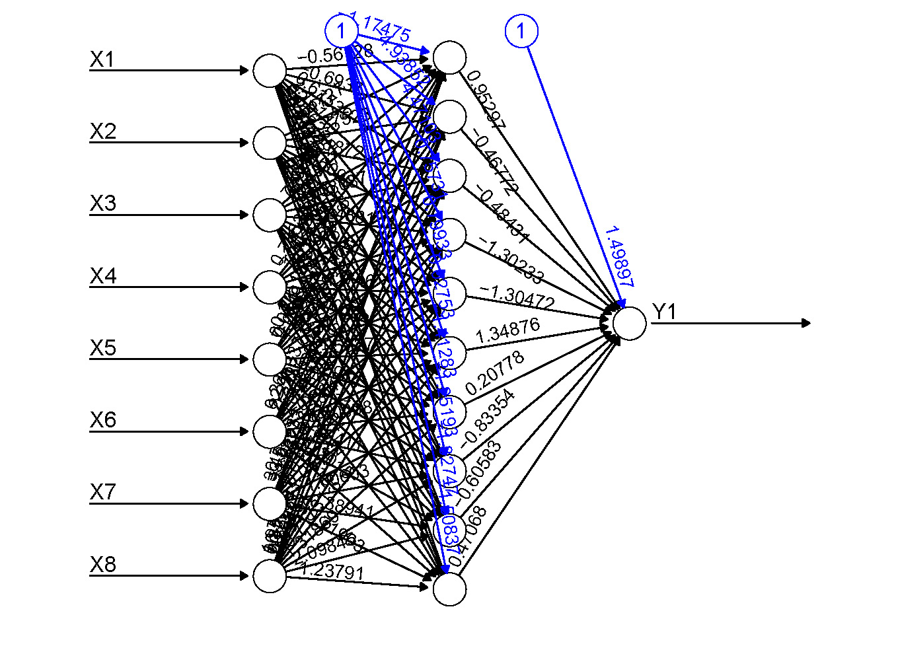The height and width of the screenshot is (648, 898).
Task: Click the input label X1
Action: click(x=102, y=59)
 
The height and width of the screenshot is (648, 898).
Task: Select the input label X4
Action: click(x=102, y=275)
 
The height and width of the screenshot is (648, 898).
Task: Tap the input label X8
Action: click(x=102, y=564)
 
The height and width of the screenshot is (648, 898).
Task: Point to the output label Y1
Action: click(x=664, y=311)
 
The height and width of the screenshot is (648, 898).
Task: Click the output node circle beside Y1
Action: click(x=629, y=323)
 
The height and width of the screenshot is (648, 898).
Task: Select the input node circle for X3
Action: click(x=270, y=215)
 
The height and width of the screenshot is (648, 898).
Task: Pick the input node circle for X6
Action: click(x=270, y=431)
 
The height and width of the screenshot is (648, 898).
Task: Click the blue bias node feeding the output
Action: click(x=521, y=31)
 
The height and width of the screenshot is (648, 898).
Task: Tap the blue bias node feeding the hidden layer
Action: click(x=342, y=30)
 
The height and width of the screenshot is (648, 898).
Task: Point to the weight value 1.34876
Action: click(x=507, y=330)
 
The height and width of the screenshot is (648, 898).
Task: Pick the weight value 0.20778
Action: click(x=494, y=373)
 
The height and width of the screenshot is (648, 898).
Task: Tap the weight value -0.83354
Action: click(x=488, y=417)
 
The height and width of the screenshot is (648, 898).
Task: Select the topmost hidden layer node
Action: click(x=449, y=57)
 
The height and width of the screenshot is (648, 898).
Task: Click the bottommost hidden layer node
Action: click(x=449, y=589)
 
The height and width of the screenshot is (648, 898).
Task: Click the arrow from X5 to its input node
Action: click(x=168, y=359)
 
